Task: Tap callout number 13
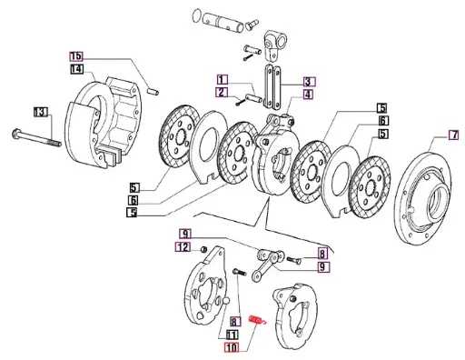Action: pos(39,112)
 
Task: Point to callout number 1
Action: pos(222,79)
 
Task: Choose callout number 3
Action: pos(309,81)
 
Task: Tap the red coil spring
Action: pos(258,321)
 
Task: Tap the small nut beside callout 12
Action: pos(205,249)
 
